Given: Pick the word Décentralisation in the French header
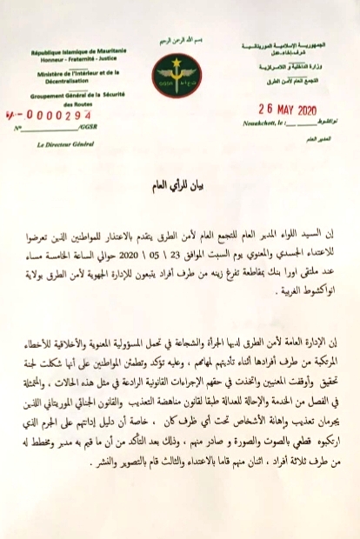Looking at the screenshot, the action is point(69,84).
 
